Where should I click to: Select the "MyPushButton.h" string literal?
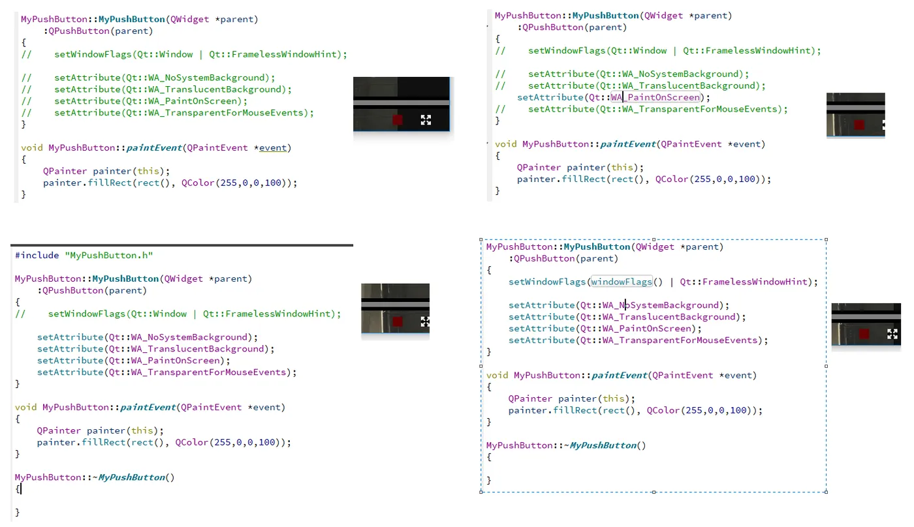pos(108,256)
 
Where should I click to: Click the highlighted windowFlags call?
pos(622,282)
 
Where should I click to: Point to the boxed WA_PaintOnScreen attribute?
pos(655,97)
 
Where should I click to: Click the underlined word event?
pos(272,147)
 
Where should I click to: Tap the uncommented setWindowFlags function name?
pos(547,282)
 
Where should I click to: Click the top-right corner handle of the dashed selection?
pos(827,240)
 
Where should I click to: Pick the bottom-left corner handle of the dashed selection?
pos(481,492)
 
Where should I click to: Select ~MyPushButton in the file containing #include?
pos(133,477)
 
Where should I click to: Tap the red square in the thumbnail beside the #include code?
pos(397,321)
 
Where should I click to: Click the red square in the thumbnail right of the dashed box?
pos(864,334)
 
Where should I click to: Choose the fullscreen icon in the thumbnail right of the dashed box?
pos(892,334)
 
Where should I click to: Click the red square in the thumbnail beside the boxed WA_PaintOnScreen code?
pos(859,125)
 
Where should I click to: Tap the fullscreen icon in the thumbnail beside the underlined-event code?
pos(426,119)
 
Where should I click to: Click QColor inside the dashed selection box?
pos(663,410)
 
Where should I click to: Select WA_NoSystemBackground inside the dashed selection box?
pos(662,305)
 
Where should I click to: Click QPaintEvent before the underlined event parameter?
pos(214,147)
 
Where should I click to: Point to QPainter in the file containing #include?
pos(59,430)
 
